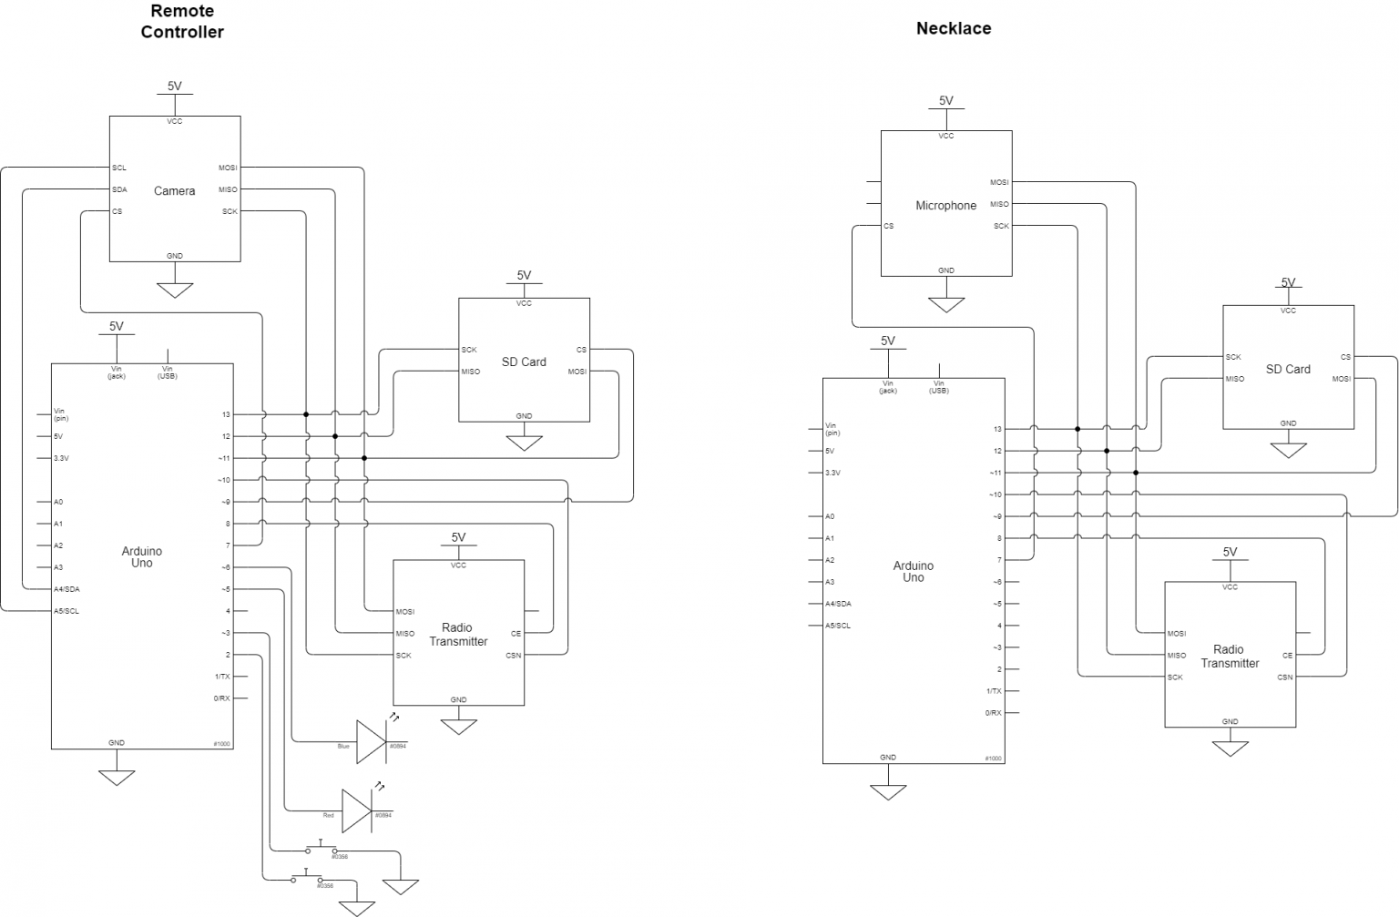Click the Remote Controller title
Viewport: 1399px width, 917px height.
(181, 22)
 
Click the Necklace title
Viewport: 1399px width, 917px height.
(953, 28)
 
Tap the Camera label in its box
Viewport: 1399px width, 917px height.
(174, 191)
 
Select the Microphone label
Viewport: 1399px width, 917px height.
(945, 206)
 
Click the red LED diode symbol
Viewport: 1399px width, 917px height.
(357, 810)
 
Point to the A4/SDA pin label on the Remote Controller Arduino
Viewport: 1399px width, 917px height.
(66, 589)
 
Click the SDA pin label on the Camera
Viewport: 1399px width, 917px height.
(119, 189)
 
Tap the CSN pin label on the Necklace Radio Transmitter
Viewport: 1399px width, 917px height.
(1284, 677)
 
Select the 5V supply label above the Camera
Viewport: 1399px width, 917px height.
(174, 87)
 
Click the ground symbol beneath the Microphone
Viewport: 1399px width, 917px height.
(945, 304)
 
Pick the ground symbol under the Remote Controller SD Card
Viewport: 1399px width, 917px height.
(524, 443)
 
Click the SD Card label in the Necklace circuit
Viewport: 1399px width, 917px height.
(1287, 369)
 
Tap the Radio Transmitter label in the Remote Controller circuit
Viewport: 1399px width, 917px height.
(458, 635)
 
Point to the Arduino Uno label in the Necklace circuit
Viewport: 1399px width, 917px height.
(913, 571)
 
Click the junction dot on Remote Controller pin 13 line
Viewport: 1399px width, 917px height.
(306, 414)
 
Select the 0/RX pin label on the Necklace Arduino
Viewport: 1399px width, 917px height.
(993, 713)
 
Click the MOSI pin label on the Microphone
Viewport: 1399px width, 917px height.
(999, 182)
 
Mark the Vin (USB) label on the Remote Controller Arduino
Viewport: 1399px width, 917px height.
(168, 372)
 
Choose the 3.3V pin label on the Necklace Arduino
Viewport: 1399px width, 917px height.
(832, 473)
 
